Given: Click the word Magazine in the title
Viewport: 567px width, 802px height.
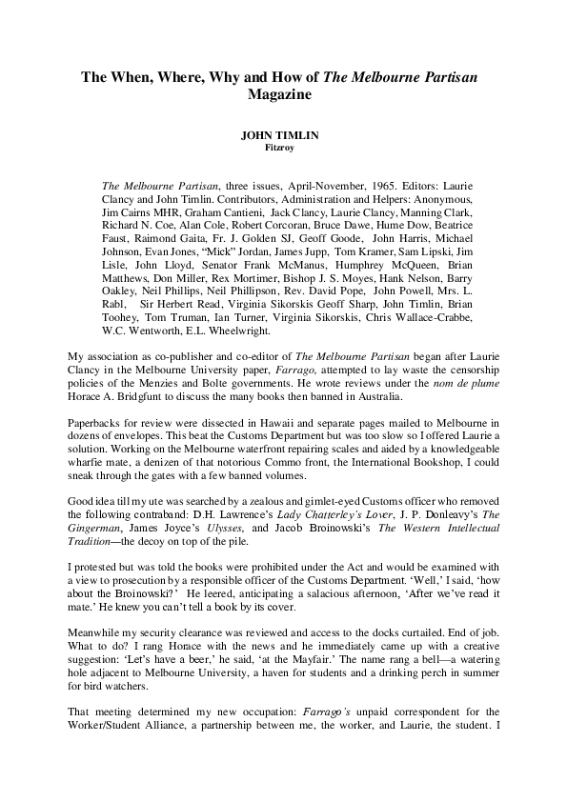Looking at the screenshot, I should point(283,95).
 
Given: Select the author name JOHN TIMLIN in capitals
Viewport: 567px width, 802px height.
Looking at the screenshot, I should point(283,136).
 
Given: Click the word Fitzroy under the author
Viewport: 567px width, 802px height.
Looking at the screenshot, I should point(283,147).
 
